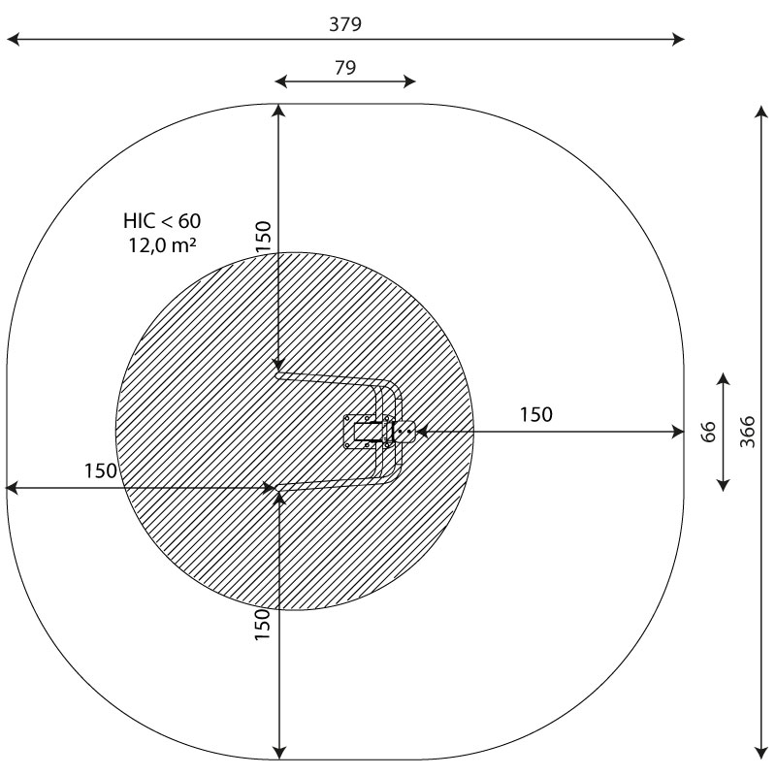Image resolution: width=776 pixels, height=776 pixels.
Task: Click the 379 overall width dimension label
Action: tap(345, 24)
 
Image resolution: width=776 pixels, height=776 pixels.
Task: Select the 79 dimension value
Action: tap(345, 67)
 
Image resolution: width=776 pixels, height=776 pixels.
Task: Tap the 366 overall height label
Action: tap(747, 432)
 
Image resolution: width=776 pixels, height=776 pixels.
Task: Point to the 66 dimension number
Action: tap(709, 432)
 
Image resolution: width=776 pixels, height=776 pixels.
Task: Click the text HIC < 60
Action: tap(162, 221)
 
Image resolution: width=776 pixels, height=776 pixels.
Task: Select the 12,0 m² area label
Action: tap(162, 245)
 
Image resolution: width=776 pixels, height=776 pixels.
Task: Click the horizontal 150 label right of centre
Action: tap(536, 414)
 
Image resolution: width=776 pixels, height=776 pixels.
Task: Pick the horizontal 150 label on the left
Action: tap(101, 470)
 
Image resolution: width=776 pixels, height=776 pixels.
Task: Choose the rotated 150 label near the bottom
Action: tap(262, 625)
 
